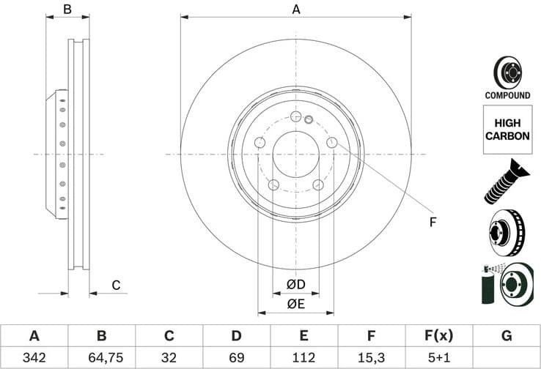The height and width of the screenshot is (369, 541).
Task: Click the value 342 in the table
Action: [34, 358]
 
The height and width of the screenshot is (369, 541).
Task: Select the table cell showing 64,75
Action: [101, 358]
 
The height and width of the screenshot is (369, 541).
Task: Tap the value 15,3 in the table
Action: [371, 358]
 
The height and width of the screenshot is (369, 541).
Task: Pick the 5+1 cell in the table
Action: [438, 358]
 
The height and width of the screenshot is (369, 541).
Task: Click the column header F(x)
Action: [438, 336]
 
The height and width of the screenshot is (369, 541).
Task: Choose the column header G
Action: [506, 336]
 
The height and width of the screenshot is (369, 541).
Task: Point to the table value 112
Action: [303, 358]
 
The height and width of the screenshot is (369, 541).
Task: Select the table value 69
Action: [236, 358]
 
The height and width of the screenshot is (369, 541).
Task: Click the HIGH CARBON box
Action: [507, 130]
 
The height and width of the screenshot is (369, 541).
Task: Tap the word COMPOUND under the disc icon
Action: [507, 95]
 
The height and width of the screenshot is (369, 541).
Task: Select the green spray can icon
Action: [488, 286]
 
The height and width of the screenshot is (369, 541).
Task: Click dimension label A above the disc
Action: [296, 10]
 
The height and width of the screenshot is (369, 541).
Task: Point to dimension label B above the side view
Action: [67, 10]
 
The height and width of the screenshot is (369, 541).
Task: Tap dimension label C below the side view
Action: [115, 286]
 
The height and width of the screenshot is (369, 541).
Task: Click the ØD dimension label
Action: [295, 284]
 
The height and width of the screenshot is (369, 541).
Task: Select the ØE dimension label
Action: [295, 302]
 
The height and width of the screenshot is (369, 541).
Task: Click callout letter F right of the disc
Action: [433, 222]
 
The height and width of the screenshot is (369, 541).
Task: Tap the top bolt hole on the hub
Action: [295, 118]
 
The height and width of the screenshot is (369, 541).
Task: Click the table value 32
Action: [169, 358]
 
